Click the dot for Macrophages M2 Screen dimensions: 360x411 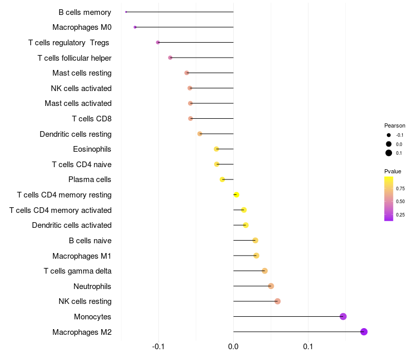pos(364,332)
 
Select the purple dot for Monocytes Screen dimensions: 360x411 pos(343,316)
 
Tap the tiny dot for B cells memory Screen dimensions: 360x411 pos(126,12)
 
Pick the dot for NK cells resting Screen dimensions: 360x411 pos(277,301)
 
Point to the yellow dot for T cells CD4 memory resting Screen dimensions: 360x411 pos(236,194)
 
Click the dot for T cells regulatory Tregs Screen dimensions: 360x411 pos(158,42)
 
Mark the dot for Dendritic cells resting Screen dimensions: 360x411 pos(200,134)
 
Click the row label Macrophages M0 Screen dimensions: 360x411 pos(82,27)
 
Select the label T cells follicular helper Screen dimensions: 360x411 pos(74,58)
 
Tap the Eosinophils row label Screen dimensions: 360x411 pos(92,149)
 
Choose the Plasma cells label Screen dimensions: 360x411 pos(90,179)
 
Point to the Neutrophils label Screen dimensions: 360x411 pos(92,286)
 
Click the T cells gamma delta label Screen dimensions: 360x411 pos(78,271)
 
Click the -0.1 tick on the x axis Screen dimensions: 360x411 pos(158,347)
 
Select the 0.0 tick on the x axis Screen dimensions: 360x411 pos(233,347)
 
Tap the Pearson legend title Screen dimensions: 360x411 pos(395,125)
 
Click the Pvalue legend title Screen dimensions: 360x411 pos(393,171)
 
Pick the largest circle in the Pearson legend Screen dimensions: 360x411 pos(389,153)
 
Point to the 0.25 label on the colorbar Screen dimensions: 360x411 pos(400,215)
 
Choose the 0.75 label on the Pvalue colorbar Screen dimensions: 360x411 pos(400,189)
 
